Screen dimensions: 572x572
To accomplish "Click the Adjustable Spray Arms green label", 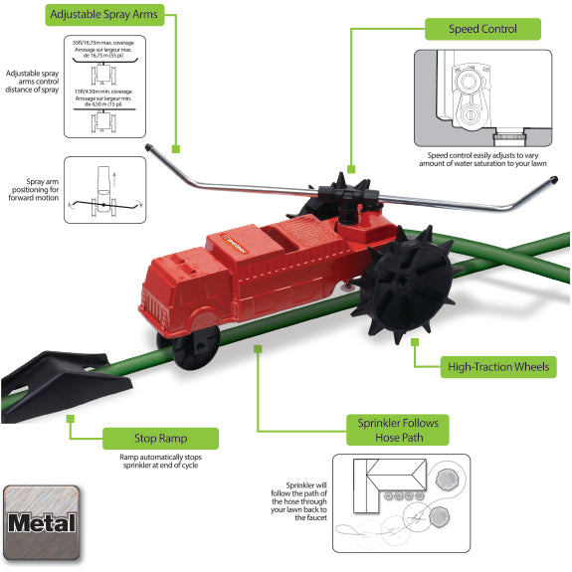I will coord(115,16).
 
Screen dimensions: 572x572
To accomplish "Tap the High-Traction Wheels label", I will coord(495,367).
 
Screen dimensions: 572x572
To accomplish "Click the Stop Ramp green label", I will coord(160,437).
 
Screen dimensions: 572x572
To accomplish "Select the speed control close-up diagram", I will coord(483,97).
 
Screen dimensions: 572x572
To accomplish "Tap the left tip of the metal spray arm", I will coord(147,149).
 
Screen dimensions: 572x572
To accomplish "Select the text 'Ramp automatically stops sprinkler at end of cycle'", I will coord(160,463).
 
